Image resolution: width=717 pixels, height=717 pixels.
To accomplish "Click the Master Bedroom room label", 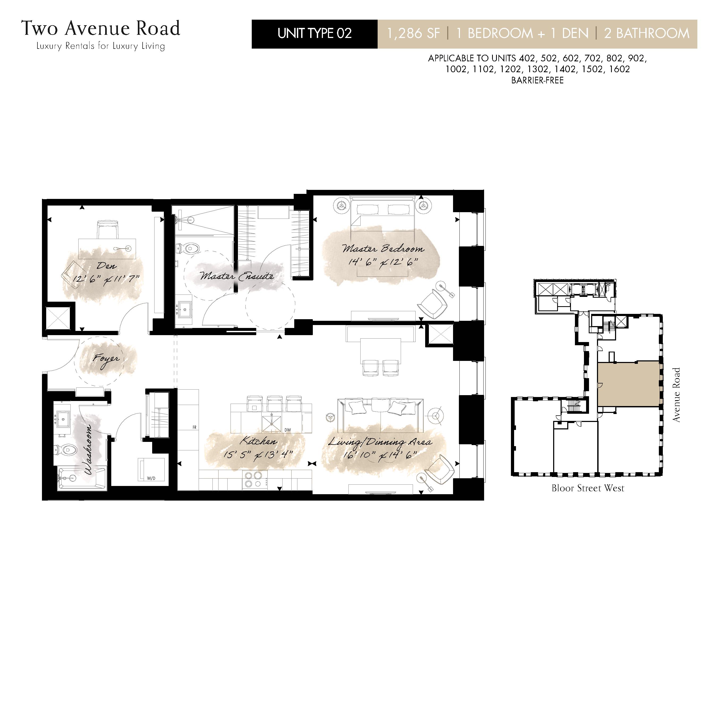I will pos(383,249).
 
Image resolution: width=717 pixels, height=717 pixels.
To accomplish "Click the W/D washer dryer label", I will pos(151,478).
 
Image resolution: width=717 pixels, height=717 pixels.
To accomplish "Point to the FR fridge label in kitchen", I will pos(194,428).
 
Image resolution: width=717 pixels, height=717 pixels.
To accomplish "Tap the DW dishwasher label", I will pos(288,430).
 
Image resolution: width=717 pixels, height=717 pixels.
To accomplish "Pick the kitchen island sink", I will pos(272,422).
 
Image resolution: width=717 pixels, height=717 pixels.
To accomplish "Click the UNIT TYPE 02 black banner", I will pos(314,34).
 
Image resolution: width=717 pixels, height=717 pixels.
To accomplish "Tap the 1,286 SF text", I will pos(413,34).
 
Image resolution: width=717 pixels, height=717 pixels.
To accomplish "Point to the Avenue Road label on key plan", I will pos(676,395).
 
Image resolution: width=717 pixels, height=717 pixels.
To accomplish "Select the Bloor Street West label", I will pos(588,488).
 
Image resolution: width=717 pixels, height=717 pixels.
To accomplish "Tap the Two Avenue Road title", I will pos(101,29).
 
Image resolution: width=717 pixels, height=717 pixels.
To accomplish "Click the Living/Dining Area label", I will pos(380,442).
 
